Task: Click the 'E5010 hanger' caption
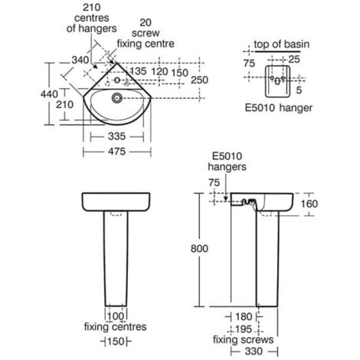[281, 108]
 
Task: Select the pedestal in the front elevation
[115, 260]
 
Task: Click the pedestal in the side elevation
[269, 260]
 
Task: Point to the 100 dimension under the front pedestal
[116, 315]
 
